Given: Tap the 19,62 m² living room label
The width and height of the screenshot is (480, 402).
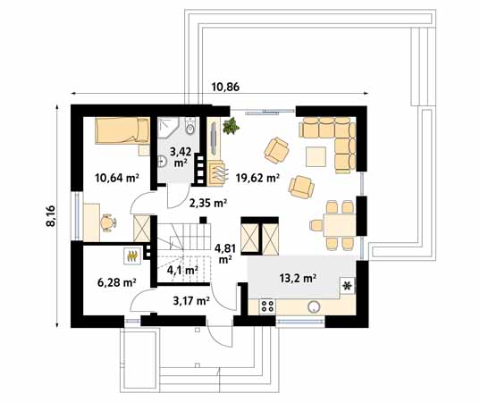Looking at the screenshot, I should [257, 178].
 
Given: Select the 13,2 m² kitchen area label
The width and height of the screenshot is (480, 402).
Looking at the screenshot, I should [299, 278].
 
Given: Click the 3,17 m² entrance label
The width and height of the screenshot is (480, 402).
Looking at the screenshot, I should [190, 301].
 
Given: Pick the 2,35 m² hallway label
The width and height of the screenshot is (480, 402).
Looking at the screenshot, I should [206, 203].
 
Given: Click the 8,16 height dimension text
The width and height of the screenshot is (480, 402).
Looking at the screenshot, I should [50, 218].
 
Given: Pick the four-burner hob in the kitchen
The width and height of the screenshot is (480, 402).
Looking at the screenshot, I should [265, 306].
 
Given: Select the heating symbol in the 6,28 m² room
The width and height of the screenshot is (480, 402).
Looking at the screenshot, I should [133, 255].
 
